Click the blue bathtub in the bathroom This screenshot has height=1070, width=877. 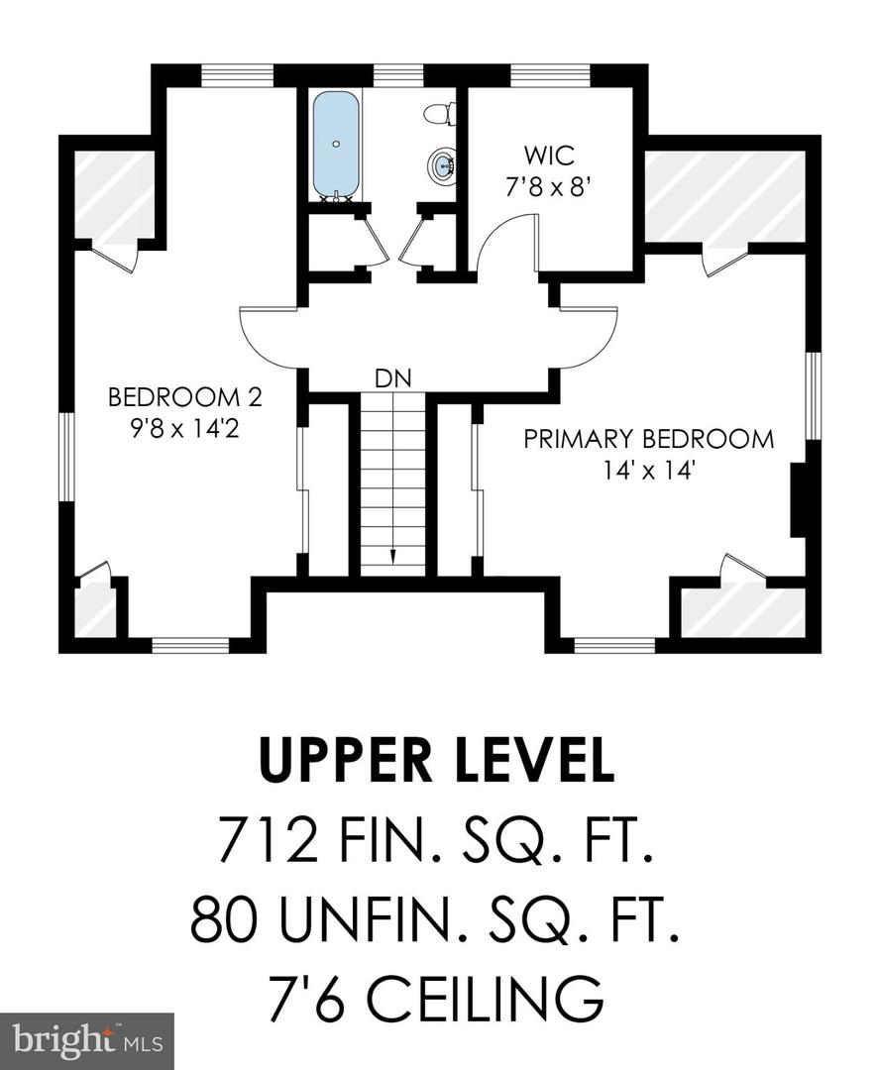[337, 145]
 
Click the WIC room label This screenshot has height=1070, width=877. [549, 156]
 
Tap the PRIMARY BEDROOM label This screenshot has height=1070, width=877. [649, 439]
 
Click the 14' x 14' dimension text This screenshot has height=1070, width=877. [649, 471]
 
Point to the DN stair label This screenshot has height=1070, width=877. [392, 377]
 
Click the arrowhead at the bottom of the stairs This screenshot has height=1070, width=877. [392, 558]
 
